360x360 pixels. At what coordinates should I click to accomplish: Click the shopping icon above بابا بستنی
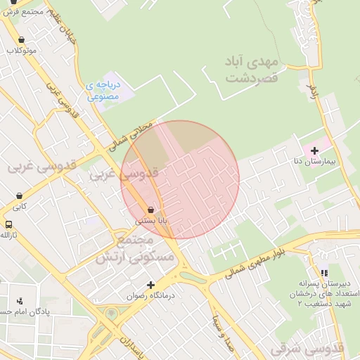coord(151,210)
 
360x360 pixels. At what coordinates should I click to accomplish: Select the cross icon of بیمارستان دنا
coord(314,150)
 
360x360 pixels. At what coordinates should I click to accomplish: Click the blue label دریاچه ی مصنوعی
coord(103,91)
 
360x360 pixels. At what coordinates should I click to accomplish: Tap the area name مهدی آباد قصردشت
coord(253,70)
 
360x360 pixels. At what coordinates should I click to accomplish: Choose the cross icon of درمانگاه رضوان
coord(150,285)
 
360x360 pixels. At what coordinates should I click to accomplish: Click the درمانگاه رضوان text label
coord(145,296)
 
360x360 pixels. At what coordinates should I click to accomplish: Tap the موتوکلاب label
coord(22,51)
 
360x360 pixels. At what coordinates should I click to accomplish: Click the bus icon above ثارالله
coord(8,224)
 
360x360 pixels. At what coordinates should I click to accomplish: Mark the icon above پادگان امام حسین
coord(19,301)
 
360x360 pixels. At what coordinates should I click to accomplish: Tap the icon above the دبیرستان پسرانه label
coord(323,273)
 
